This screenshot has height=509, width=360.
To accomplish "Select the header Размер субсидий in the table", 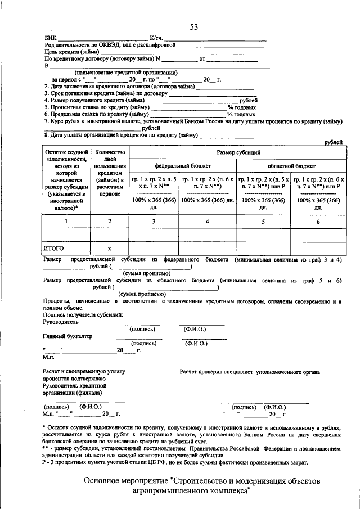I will point(238,152).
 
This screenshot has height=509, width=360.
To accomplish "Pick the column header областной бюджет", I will point(291,166).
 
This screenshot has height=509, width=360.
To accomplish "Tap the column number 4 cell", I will point(208,222).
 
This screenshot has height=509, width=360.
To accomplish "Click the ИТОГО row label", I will point(54,248).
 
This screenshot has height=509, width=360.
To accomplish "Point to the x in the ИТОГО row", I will point(110,248).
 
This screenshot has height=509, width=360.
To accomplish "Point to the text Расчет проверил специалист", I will point(217,372).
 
